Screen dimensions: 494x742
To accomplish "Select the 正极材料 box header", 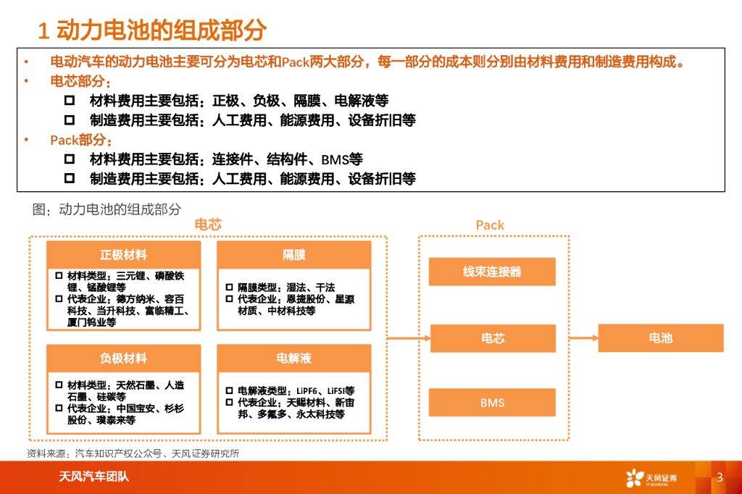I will point(123,255).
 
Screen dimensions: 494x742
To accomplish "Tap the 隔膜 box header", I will point(293,255).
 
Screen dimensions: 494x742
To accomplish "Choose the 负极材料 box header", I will point(123,359).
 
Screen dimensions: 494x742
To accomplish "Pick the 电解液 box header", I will point(293,359).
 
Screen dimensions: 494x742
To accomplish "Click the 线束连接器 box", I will point(492,272).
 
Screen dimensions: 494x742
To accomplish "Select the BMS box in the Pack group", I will point(492,403).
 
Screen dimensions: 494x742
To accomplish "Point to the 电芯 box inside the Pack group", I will point(492,338).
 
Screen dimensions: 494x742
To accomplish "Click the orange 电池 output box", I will point(660,338).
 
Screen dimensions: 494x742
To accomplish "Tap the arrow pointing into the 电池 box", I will point(583,338).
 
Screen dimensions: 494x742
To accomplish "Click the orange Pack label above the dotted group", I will point(490,225).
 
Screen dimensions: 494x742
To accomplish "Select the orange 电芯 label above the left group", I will point(208,225).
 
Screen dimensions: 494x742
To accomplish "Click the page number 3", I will point(720,477).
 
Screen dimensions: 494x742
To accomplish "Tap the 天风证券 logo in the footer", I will point(651,478).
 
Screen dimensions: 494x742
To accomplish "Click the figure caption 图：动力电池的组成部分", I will point(107,210).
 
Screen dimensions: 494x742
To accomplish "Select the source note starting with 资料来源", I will point(133,453).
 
